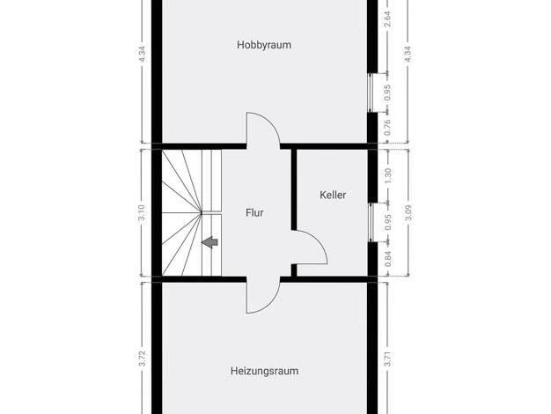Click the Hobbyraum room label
tap(264, 45)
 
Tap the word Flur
tap(254, 213)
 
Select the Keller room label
tap(333, 195)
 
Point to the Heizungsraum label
tap(264, 371)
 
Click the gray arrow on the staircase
tap(209, 242)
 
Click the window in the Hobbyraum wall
tap(369, 92)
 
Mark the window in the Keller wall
tap(370, 223)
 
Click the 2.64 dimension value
tap(387, 19)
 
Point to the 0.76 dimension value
tap(387, 128)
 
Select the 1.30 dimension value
tap(388, 176)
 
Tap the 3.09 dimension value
tap(408, 213)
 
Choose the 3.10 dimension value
tap(142, 213)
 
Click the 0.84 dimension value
tap(388, 259)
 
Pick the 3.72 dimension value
tap(142, 359)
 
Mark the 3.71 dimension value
tap(387, 359)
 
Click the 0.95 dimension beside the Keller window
tap(388, 222)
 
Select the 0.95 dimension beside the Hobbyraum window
tap(387, 92)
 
